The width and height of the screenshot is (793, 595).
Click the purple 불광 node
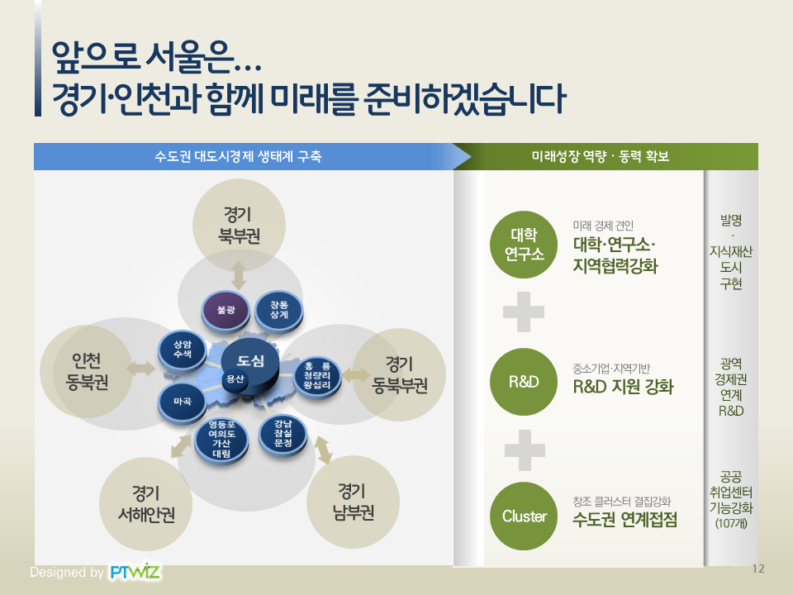point(226,309)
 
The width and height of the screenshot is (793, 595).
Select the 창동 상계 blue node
point(278,310)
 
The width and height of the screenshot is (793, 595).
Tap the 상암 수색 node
point(182,350)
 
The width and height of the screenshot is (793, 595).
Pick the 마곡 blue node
point(182,402)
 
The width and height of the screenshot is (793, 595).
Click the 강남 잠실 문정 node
point(283,434)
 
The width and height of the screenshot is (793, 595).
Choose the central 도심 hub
point(250,364)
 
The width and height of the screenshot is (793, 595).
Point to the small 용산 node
point(235,379)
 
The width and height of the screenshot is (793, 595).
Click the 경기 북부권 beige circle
point(239,225)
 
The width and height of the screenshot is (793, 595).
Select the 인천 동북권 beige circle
point(87,371)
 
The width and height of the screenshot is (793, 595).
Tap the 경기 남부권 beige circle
point(353,502)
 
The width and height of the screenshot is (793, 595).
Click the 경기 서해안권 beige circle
point(146,504)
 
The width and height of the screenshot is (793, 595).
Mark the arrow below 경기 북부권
point(239,276)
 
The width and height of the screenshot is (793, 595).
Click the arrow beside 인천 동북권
point(140,369)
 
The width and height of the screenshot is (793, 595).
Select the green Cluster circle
point(524,516)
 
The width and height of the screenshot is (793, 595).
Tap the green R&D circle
point(524,382)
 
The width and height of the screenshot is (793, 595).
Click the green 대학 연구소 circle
point(524,245)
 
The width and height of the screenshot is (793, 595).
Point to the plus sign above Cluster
point(525,450)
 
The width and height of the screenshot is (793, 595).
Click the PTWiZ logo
point(135,572)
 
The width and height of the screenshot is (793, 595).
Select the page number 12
point(758,569)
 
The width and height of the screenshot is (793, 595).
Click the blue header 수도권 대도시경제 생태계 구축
point(238,156)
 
